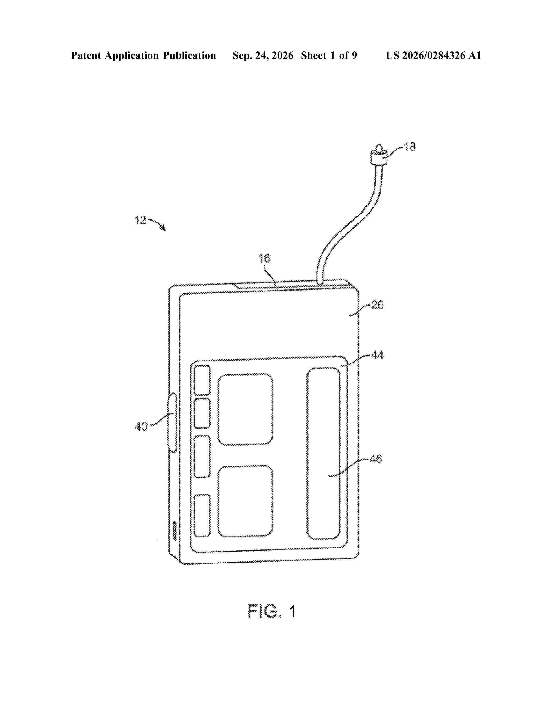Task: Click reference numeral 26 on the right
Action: [377, 304]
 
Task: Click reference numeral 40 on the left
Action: [141, 426]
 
